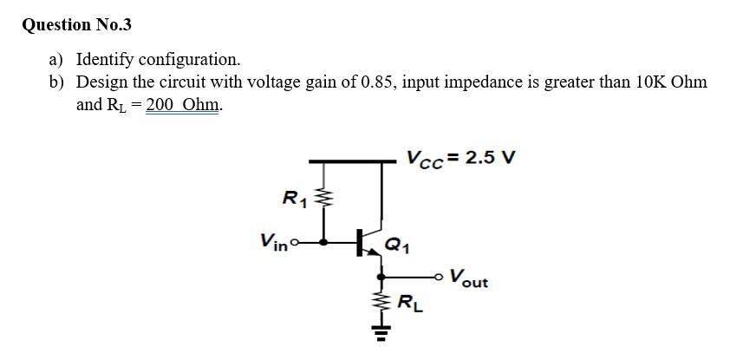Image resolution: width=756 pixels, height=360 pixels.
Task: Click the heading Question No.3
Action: [x=76, y=24]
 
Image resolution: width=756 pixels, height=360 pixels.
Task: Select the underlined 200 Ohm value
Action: [x=184, y=105]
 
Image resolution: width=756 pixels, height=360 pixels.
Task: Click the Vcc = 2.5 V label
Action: [x=459, y=159]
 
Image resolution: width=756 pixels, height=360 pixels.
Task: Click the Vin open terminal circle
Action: [x=295, y=242]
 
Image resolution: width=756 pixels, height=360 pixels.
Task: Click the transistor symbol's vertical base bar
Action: [x=360, y=242]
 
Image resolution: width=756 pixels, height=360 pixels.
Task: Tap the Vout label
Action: [x=469, y=280]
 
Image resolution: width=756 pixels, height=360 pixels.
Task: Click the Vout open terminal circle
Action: [x=444, y=276]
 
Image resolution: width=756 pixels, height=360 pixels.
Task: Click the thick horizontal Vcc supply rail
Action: [x=347, y=160]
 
